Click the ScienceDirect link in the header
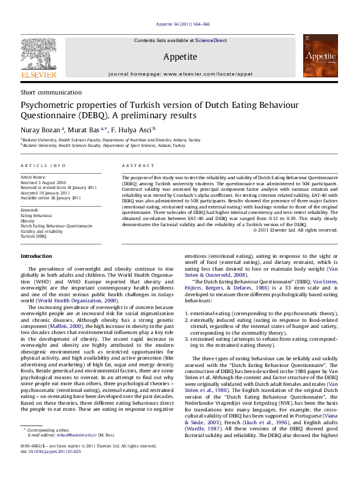[x=211, y=40]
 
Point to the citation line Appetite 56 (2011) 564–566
[x=182, y=24]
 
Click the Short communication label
[x=45, y=92]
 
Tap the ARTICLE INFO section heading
[x=43, y=166]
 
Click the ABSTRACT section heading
[x=134, y=166]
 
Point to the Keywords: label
[x=30, y=210]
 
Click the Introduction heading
[x=37, y=256]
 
